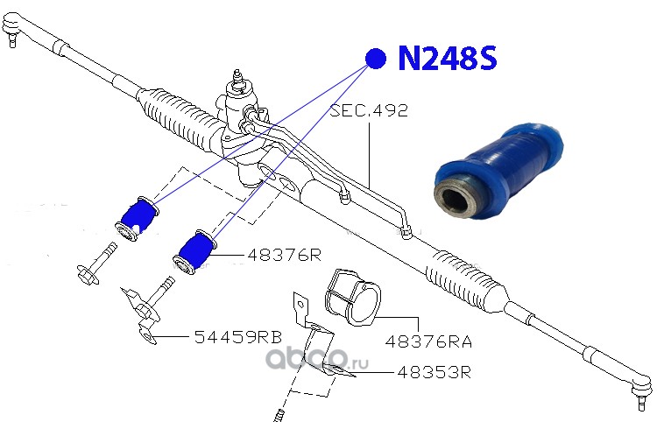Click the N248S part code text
click(x=447, y=60)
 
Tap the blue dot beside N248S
click(x=376, y=59)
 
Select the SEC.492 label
click(x=369, y=112)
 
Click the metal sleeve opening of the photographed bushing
click(x=456, y=193)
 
